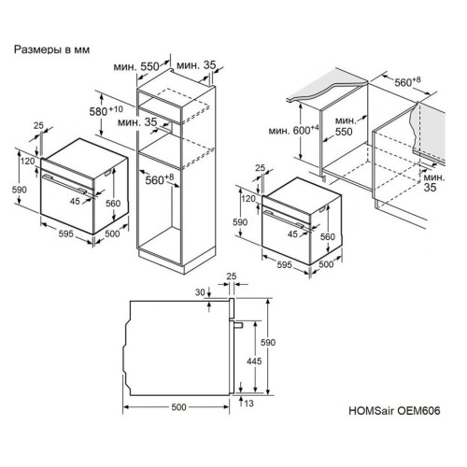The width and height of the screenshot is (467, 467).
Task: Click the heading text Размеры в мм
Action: point(51,50)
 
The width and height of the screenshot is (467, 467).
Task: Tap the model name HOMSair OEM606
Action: point(394,411)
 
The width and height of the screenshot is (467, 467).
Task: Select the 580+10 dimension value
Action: point(106,111)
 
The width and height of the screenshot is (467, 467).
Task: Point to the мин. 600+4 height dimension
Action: point(294,131)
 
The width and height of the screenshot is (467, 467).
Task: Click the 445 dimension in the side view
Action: point(254,361)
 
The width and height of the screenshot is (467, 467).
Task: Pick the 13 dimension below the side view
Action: point(249,403)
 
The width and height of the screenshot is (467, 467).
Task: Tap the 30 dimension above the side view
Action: point(200,292)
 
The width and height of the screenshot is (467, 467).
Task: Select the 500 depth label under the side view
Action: point(178,407)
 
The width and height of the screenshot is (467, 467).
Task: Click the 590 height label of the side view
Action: point(268,343)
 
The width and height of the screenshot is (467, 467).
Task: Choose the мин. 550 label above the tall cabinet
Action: point(136,66)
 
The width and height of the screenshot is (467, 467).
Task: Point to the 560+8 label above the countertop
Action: point(407,82)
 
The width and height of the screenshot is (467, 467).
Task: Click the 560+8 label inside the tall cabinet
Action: point(160,179)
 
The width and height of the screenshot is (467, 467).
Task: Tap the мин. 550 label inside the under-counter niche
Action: point(345,126)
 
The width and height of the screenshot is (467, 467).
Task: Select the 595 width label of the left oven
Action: point(66,233)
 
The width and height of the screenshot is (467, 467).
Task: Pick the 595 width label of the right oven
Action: point(285,264)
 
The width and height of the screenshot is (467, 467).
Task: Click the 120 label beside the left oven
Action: point(28,162)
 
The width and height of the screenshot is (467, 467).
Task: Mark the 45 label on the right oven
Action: point(292,234)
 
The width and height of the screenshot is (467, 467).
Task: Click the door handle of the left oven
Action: point(64,184)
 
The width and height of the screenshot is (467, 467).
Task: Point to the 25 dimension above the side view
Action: point(232,276)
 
